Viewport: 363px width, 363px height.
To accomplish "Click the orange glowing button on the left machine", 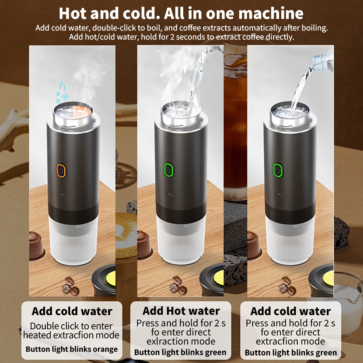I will click(61, 170).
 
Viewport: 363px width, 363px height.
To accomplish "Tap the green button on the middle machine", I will click(168, 169).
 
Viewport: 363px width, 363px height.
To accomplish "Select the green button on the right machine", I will click(278, 170).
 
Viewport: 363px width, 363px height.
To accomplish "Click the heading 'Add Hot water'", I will click(181, 311).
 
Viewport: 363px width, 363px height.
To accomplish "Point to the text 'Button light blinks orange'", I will click(72, 349).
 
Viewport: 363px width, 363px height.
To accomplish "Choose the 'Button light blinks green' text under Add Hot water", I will click(180, 352).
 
